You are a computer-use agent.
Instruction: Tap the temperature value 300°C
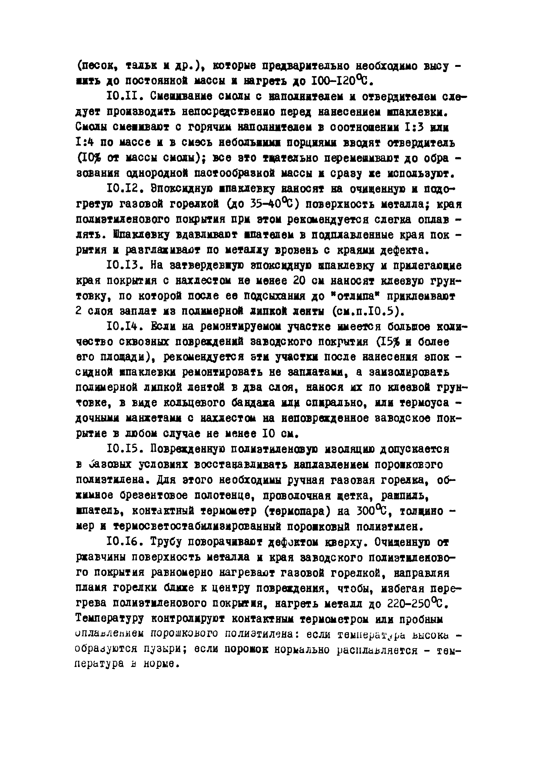coord(373,511)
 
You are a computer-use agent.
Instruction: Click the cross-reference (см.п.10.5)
coord(368,311)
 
